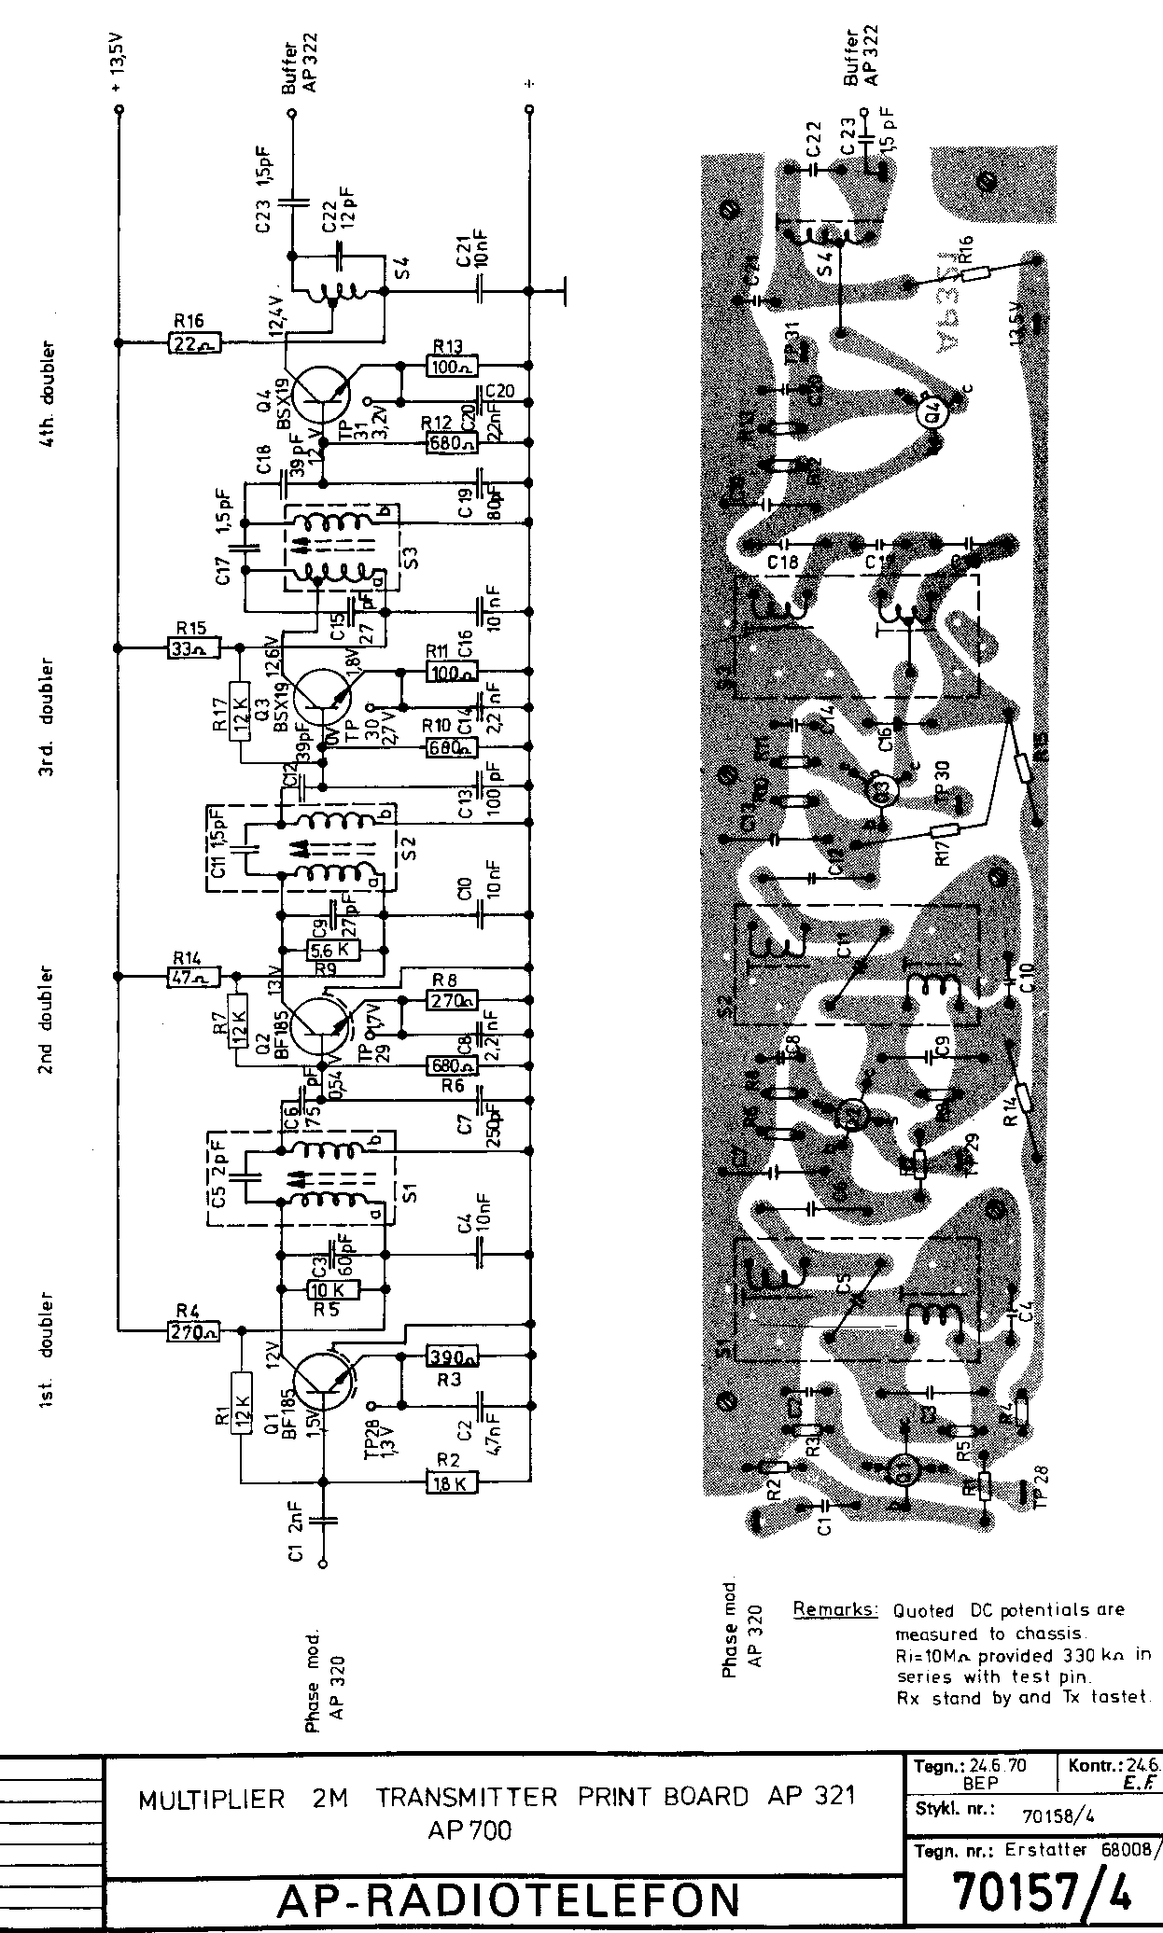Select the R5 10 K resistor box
[332, 1290]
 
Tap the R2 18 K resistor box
[452, 1481]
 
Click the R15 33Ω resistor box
[194, 646]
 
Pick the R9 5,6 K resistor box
[332, 951]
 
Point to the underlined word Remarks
[834, 1609]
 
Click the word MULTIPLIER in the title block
[210, 1798]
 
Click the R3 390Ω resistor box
[452, 1356]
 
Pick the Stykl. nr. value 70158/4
[1058, 1815]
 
